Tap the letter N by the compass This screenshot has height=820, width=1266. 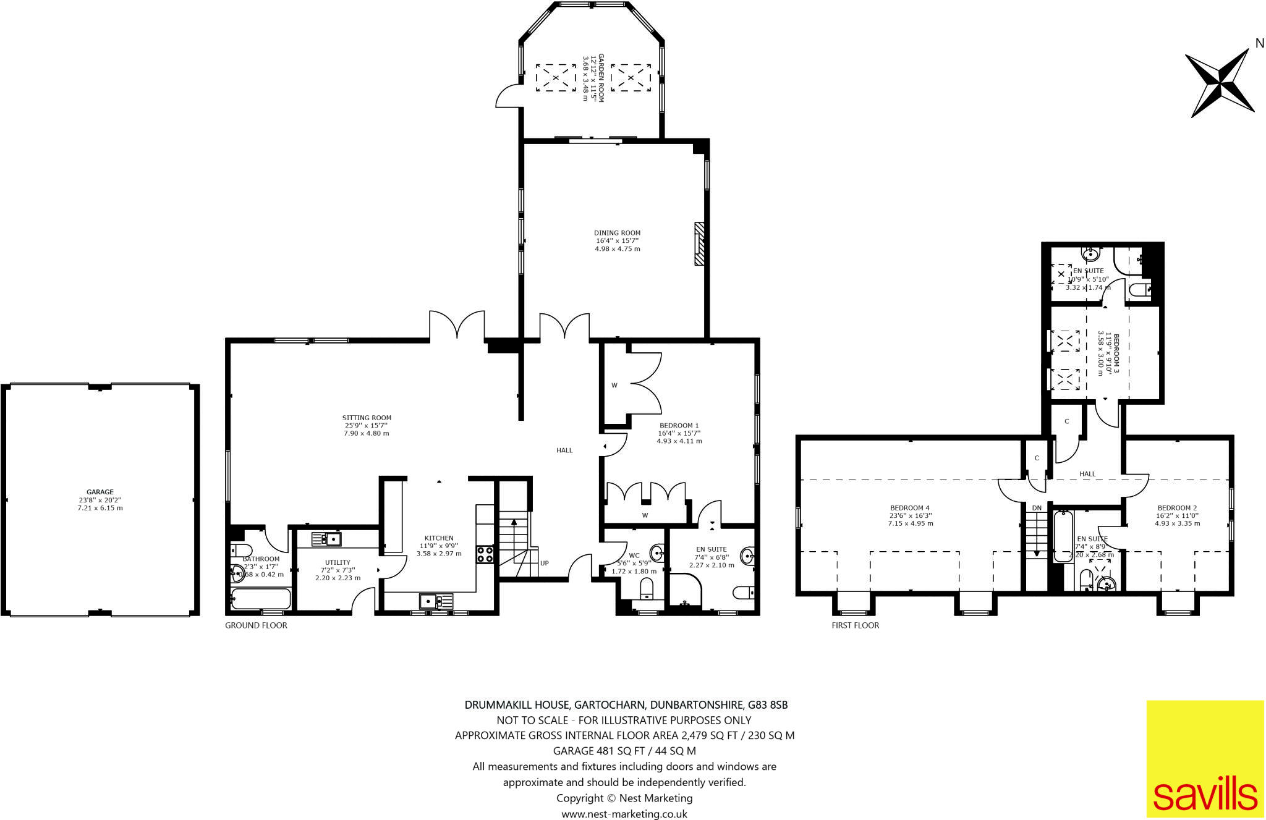point(1259,43)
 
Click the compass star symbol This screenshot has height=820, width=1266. point(1220,83)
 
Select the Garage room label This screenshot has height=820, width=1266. point(100,492)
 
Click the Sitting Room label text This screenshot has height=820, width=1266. point(367,418)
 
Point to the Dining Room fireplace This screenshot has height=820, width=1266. point(699,244)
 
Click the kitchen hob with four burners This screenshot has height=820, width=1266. point(485,554)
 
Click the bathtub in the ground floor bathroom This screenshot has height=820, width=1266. point(260,598)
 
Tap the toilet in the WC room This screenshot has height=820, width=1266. point(647,588)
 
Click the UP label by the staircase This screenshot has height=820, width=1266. point(545,563)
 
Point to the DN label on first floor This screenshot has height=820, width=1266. point(1037,508)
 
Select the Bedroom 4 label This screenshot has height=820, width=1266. point(910,508)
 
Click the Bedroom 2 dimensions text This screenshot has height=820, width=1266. point(1177,523)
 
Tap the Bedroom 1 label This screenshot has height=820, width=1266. point(679,425)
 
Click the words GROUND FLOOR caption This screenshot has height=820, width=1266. point(256,625)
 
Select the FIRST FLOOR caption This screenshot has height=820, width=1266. point(855,625)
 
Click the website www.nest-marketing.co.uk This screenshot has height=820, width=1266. point(624,814)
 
